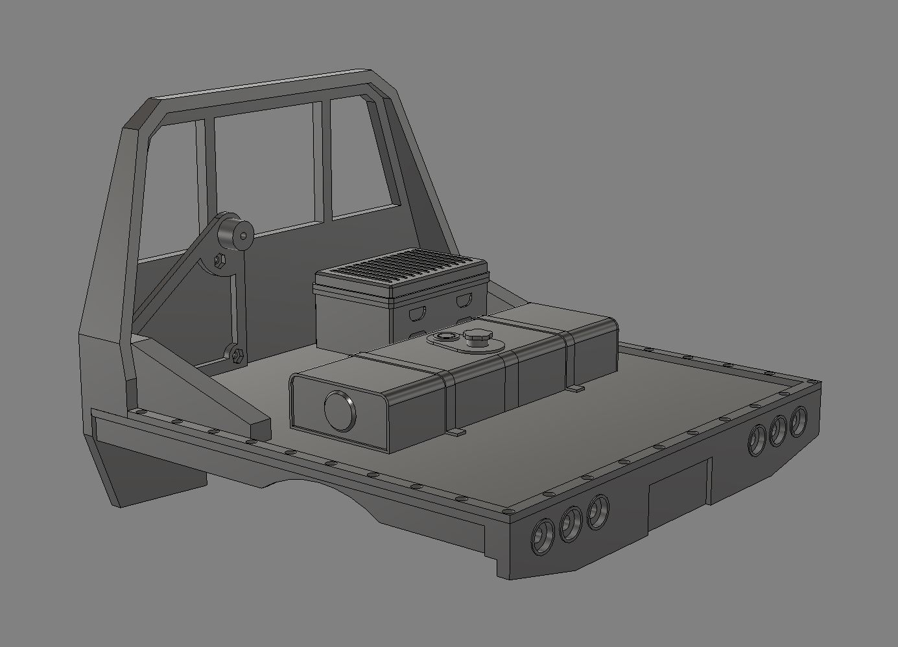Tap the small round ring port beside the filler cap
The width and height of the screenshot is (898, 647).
coord(445,336)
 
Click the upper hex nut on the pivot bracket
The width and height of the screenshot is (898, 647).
coord(219,261)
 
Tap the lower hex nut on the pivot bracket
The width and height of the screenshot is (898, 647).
coord(237,354)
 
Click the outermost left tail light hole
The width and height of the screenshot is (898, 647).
coord(541,538)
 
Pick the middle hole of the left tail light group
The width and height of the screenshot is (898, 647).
coord(571,524)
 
